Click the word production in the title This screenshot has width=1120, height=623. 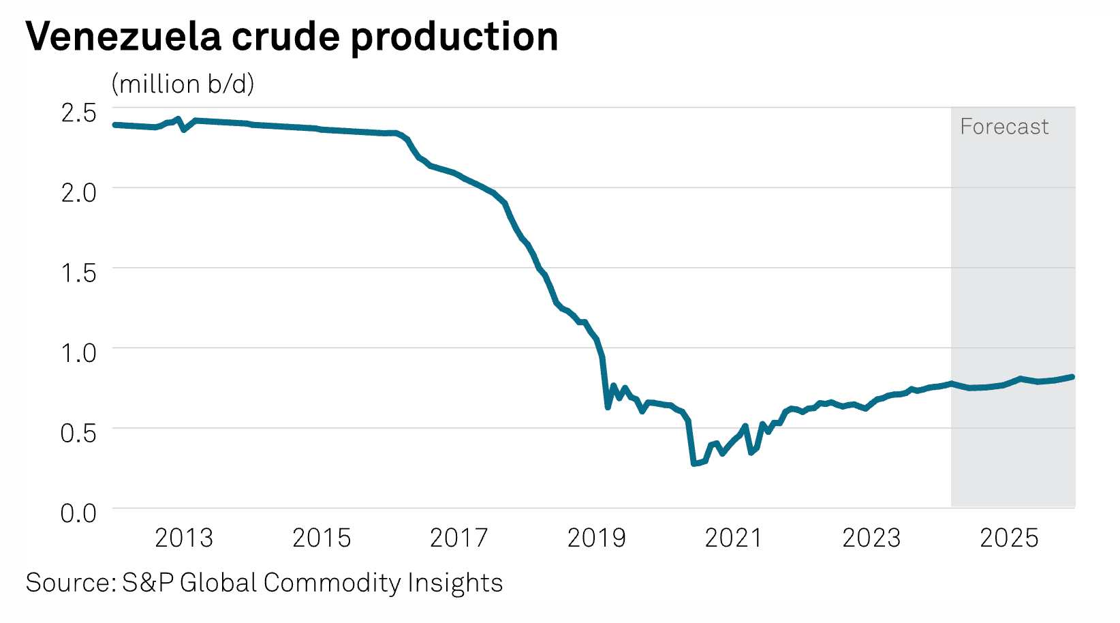(454, 37)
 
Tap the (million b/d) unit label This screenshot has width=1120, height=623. (183, 84)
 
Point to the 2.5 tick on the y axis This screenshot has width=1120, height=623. (78, 112)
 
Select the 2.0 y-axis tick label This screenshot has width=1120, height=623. (78, 192)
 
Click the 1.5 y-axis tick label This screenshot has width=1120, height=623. (78, 273)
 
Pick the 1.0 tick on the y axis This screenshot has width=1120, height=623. (78, 352)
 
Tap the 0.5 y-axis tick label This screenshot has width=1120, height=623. (78, 432)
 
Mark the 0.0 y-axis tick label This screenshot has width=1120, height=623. (78, 513)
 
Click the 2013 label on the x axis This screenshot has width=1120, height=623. (183, 538)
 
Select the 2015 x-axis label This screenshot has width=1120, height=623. (321, 538)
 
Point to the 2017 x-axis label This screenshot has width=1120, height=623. (458, 538)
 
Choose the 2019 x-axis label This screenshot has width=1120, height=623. (596, 538)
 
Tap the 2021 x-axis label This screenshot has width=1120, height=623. (733, 538)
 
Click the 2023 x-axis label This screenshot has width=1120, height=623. (871, 538)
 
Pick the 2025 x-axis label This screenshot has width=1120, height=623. (1008, 538)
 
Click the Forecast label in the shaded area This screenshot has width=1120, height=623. (1004, 127)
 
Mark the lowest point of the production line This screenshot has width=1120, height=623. (694, 464)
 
